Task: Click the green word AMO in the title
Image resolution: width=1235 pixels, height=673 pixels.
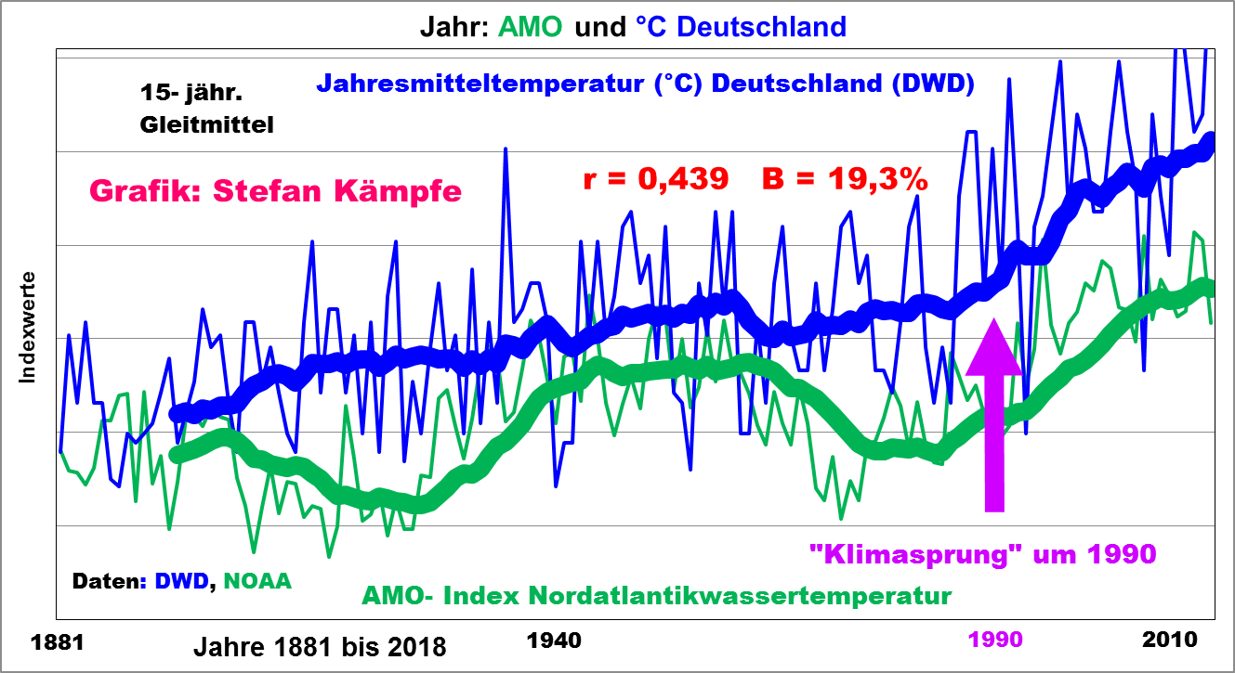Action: [531, 26]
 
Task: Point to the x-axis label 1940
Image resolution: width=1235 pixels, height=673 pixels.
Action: [554, 640]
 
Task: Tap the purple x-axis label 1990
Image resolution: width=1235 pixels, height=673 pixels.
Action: [995, 640]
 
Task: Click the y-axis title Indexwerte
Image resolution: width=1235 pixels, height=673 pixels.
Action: [27, 327]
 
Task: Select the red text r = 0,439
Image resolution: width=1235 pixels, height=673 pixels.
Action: [655, 179]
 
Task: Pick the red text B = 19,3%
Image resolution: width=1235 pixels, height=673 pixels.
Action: [845, 179]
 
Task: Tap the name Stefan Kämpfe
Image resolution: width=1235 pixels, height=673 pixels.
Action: [337, 191]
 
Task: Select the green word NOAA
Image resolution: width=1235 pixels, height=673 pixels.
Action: [257, 582]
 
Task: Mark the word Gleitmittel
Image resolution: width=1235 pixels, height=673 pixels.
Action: [207, 124]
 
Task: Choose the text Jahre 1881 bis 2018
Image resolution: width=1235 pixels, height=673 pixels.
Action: [319, 646]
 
